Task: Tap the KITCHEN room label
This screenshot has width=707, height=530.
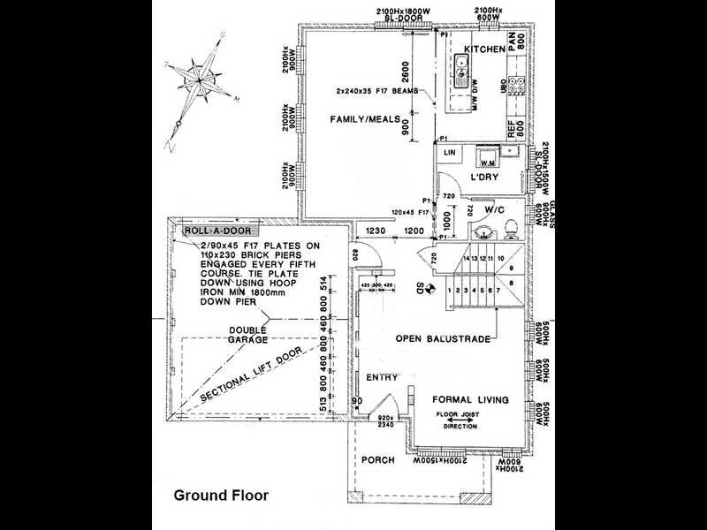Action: tap(483, 49)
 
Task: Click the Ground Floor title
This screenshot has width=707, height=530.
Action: tap(220, 496)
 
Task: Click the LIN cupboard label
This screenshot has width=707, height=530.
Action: tap(449, 154)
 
